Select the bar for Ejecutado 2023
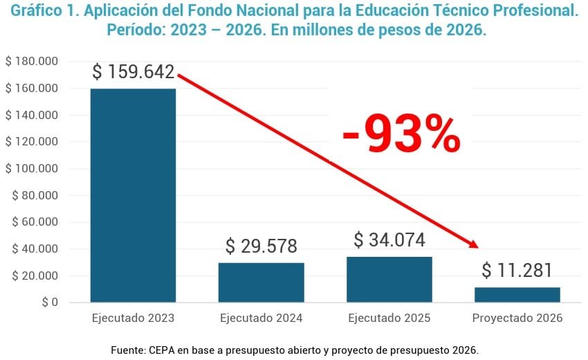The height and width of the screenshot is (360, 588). point(133,195)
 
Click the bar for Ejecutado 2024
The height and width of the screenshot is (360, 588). point(261,282)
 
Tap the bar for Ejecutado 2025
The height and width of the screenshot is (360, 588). point(389,280)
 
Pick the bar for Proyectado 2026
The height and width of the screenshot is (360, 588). point(517,295)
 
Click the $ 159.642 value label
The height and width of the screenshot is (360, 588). point(133,72)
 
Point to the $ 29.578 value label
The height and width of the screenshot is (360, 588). point(261,246)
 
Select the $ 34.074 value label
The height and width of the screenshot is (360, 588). point(389,240)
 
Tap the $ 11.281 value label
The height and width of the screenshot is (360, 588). point(517,270)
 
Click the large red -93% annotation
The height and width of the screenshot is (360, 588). point(401,134)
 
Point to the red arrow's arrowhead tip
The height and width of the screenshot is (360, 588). point(477,246)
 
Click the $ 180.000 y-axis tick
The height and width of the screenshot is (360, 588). point(32,62)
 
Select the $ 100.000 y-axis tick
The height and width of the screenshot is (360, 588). point(32,169)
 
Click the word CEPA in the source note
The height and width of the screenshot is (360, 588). point(162,350)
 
